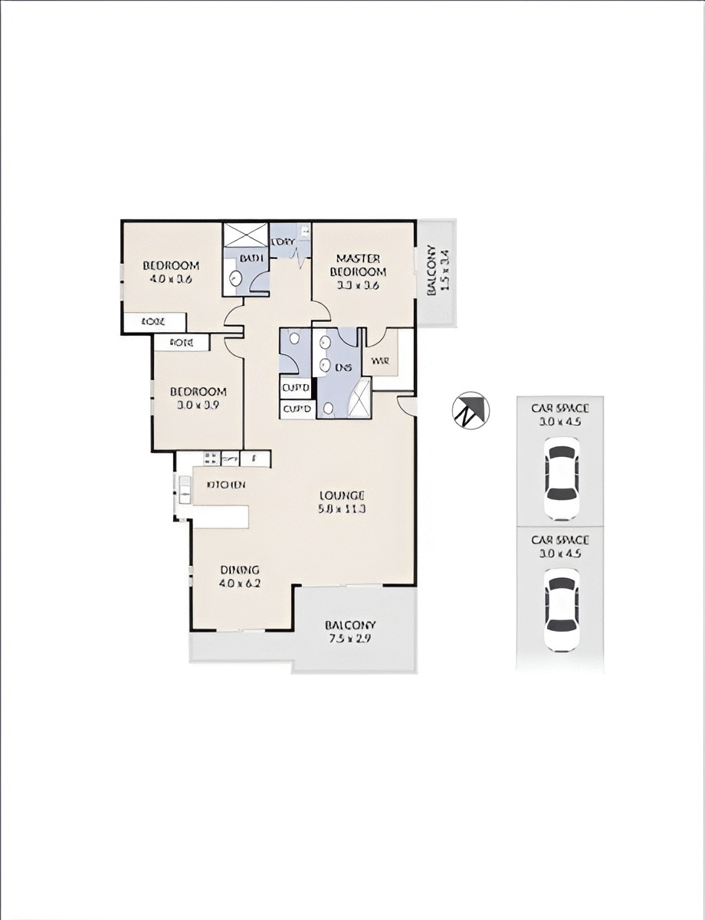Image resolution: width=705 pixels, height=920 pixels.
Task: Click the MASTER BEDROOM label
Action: pyautogui.click(x=358, y=265)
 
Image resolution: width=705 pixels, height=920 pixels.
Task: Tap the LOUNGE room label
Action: pyautogui.click(x=343, y=495)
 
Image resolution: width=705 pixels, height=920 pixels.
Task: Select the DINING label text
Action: pyautogui.click(x=241, y=570)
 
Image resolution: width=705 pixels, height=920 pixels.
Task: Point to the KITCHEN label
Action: pyautogui.click(x=226, y=485)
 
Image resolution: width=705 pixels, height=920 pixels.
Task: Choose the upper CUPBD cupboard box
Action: pyautogui.click(x=297, y=387)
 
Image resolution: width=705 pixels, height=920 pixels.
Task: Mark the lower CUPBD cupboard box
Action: pyautogui.click(x=297, y=409)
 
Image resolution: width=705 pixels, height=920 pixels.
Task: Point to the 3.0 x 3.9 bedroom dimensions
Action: pyautogui.click(x=198, y=405)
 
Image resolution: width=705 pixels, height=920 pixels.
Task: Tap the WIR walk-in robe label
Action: pyautogui.click(x=379, y=360)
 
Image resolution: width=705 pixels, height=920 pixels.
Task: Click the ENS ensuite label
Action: pyautogui.click(x=343, y=367)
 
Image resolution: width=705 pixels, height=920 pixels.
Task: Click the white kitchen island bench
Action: pyautogui.click(x=220, y=516)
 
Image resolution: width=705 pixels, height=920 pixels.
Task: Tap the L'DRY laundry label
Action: pyautogui.click(x=283, y=242)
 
